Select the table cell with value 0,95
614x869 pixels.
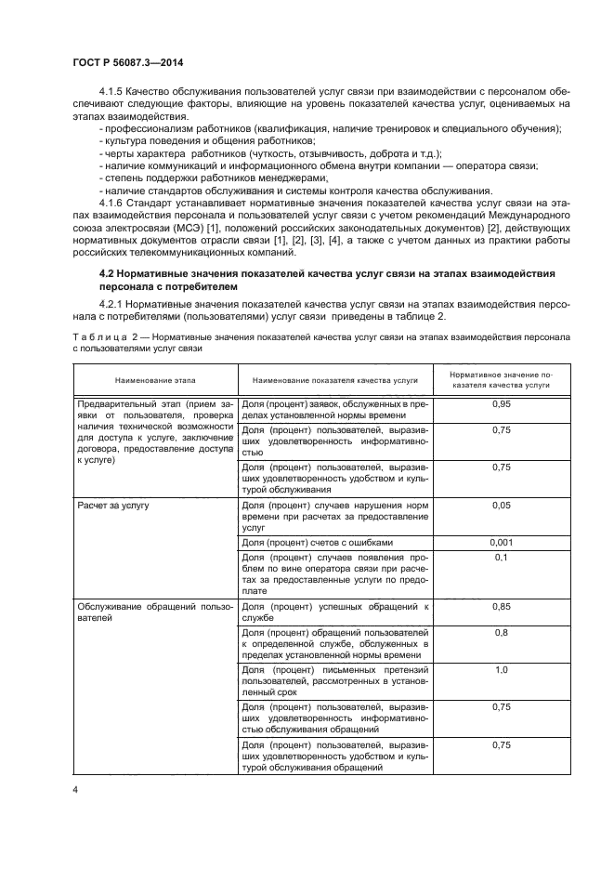click(x=502, y=406)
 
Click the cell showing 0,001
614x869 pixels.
click(x=502, y=542)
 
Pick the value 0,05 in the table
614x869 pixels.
click(x=502, y=507)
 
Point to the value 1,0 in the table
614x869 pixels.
click(x=502, y=669)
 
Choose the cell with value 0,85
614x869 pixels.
click(x=502, y=607)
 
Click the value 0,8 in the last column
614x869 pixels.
click(x=502, y=633)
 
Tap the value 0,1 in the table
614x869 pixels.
click(x=502, y=558)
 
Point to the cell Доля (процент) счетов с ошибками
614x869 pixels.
click(x=317, y=542)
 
